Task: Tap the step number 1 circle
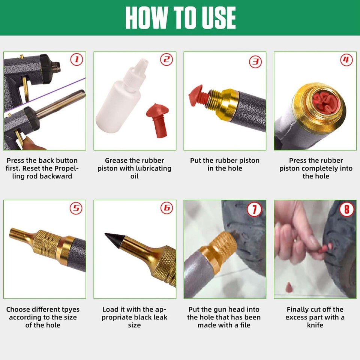coord(77,60)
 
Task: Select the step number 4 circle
coord(346,60)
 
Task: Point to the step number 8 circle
coord(346,209)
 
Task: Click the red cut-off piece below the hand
coord(289,287)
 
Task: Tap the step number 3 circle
coord(256,61)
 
